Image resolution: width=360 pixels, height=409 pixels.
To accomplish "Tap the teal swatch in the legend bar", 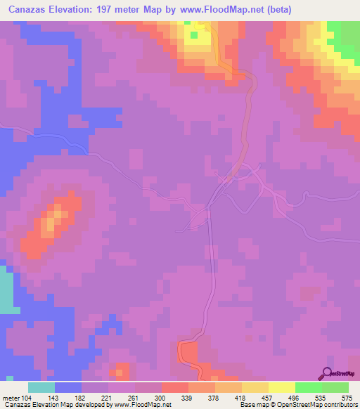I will click(x=41, y=387).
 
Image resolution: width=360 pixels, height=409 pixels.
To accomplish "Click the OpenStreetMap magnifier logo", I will click(x=327, y=375).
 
